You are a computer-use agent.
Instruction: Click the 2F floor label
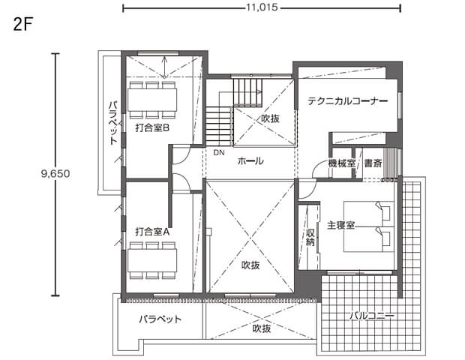coord(22,25)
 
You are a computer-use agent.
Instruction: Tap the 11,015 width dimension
coord(262,7)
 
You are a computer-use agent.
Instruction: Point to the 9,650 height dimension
coord(55,173)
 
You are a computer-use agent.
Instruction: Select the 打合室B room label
coord(152,128)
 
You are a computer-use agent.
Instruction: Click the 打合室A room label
coord(152,232)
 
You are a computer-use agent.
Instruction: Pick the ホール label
coord(250,161)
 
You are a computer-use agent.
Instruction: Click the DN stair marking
coord(219,153)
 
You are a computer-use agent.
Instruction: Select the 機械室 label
coord(342,163)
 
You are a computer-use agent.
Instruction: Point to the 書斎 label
coord(373,163)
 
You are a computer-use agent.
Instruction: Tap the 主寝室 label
coord(340,225)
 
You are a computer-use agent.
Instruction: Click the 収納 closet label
coord(310,237)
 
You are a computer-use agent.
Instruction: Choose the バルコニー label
coord(372,316)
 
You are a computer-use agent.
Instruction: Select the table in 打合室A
coord(152,260)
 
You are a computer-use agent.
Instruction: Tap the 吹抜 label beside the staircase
coord(270,119)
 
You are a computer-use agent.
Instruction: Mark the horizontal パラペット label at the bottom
coord(160,319)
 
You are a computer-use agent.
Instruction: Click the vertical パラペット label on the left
coord(113,123)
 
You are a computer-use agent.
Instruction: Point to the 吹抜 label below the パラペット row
coord(262,328)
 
